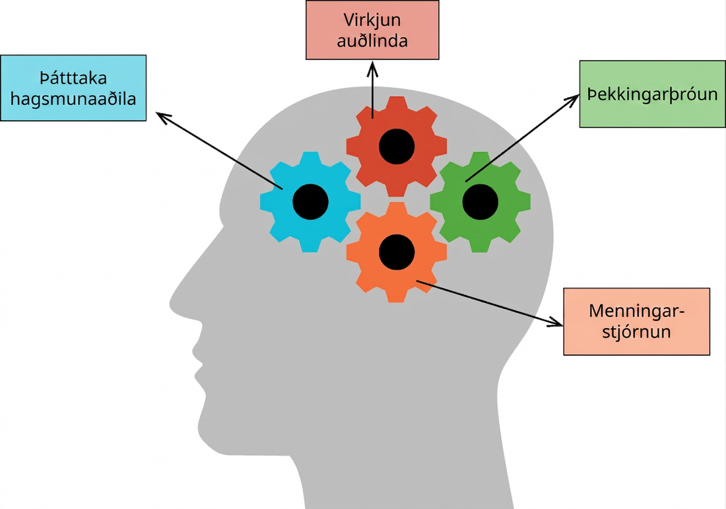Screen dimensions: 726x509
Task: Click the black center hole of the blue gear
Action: coord(310,202)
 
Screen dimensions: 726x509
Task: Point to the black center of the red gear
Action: coord(397,147)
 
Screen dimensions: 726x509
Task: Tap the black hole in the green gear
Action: coord(480,202)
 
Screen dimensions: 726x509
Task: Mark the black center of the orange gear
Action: coord(397,252)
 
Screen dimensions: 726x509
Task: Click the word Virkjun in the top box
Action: coord(372,20)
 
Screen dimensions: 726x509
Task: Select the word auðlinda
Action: coord(372,41)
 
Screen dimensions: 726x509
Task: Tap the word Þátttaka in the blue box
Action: coord(73,78)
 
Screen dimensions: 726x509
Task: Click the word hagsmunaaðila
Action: coord(73,99)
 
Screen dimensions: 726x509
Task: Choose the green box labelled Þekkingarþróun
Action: coord(652,94)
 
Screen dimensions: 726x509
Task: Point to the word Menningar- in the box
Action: coord(637,310)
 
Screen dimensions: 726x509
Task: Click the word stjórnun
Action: coord(637,331)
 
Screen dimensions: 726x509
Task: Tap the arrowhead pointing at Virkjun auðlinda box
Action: coord(373,69)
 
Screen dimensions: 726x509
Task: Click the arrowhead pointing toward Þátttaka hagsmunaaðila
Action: coord(163,116)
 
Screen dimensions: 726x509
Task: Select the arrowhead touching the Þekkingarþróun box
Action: coord(572,100)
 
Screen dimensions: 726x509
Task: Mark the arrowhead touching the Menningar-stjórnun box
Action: coord(556,322)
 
